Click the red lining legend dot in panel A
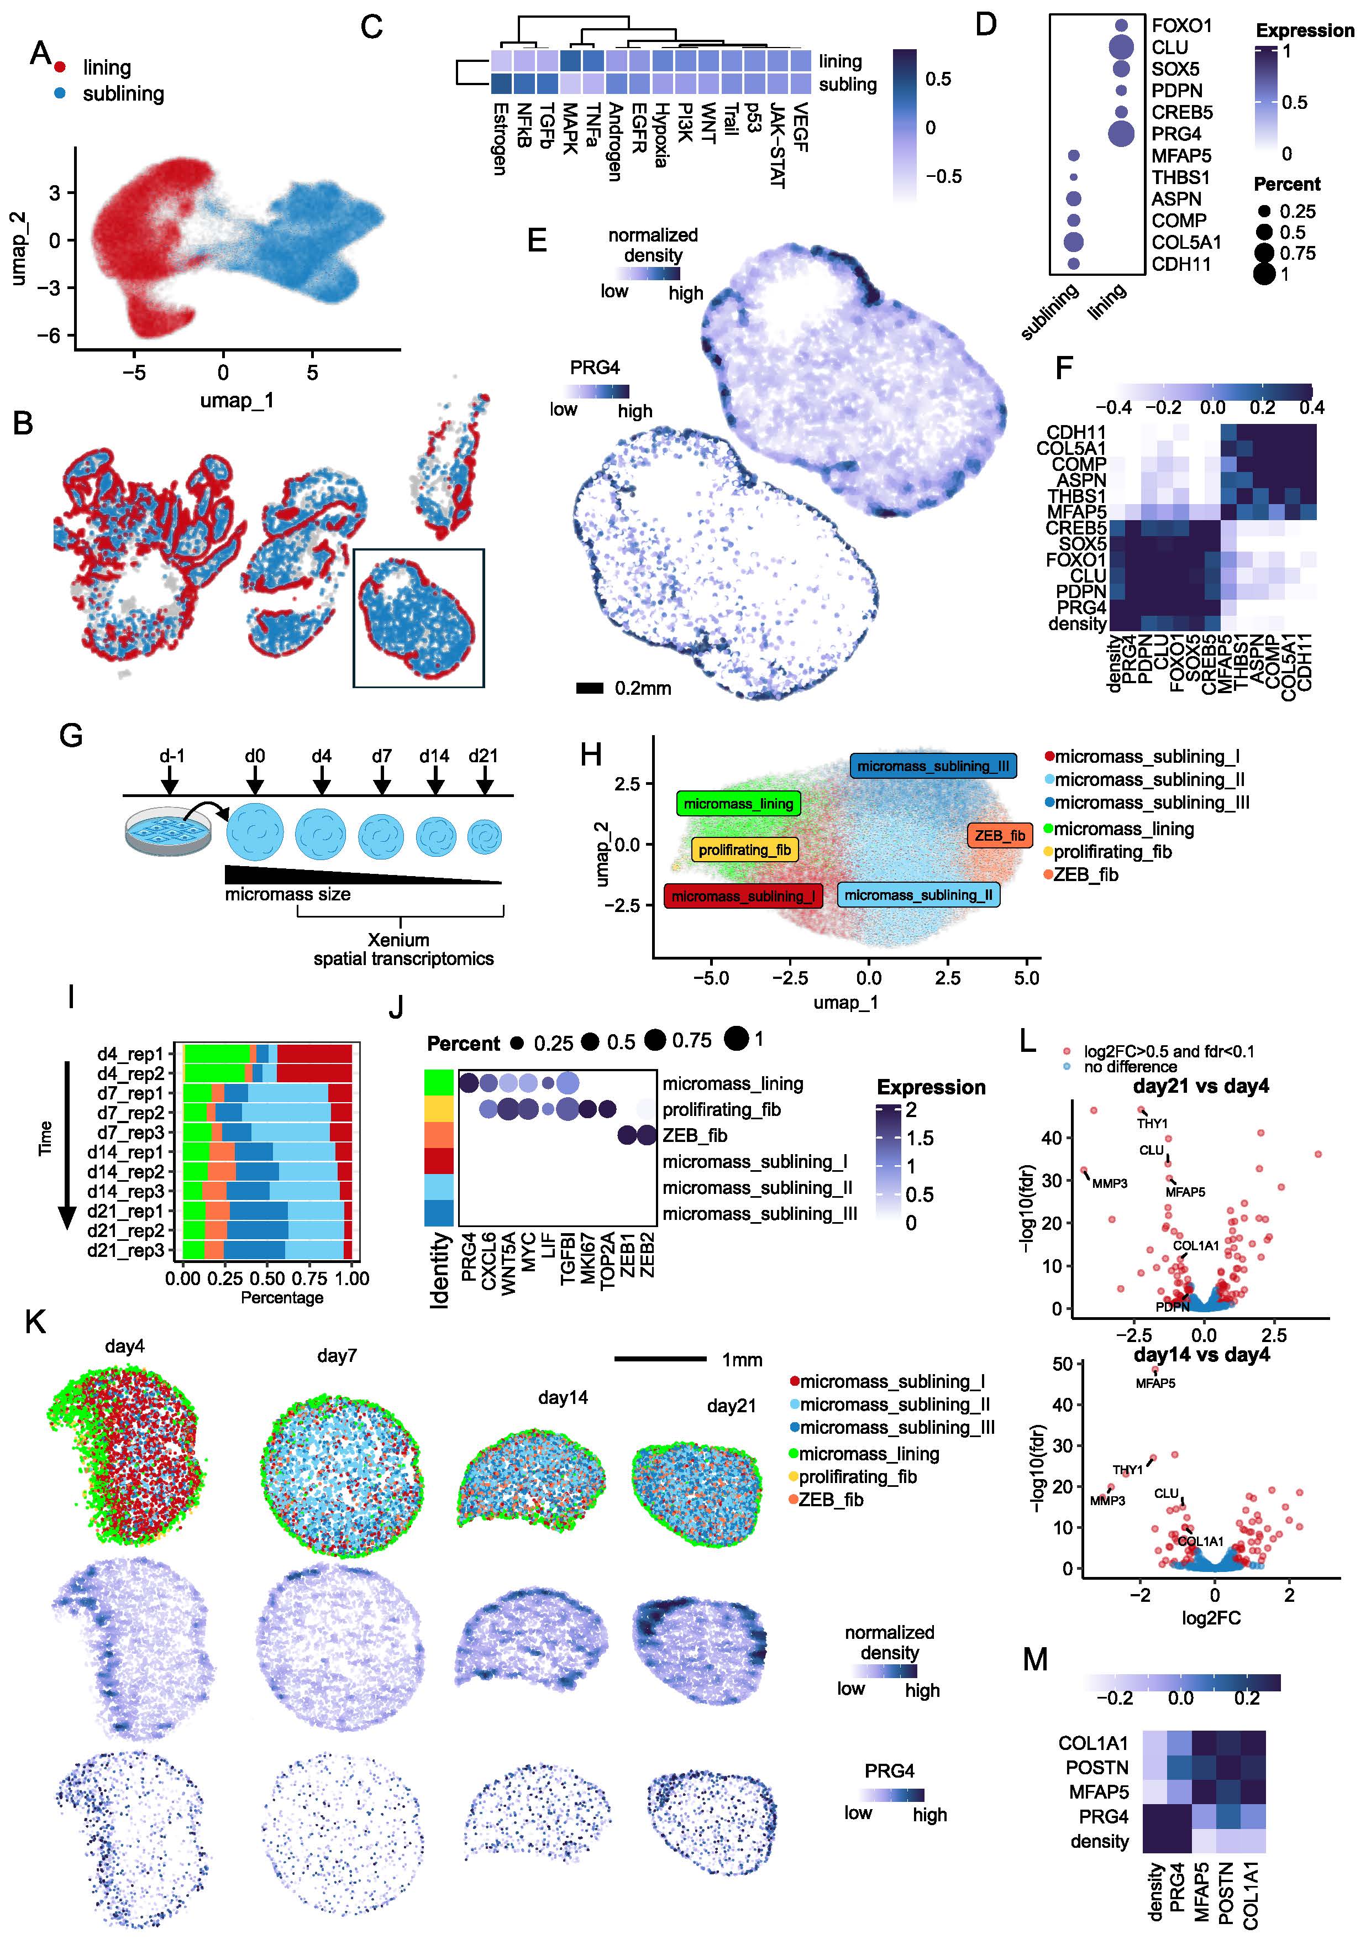[60, 67]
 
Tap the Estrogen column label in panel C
[500, 139]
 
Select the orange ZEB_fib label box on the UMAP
[1000, 835]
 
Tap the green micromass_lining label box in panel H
[738, 803]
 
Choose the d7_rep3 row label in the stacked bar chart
[131, 1133]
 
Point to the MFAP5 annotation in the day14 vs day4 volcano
[1155, 1383]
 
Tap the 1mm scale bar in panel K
[660, 1359]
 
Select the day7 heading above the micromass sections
[337, 1355]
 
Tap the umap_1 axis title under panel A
[237, 400]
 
